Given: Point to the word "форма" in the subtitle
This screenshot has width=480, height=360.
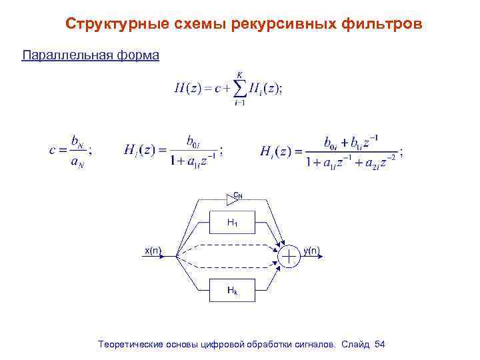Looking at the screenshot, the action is point(139,55).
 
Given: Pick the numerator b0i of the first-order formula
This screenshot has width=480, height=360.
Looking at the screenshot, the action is point(193,141).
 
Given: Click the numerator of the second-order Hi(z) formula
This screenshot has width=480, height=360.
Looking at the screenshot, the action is point(351,141).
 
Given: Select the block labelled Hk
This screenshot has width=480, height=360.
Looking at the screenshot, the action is point(232,290).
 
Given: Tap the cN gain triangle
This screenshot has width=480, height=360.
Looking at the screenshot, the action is point(234,197).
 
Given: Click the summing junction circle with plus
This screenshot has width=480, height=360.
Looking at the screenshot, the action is point(290,256).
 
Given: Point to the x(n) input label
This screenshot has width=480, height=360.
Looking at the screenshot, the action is point(153,251).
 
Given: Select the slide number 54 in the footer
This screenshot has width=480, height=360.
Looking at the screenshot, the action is point(380,344).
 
